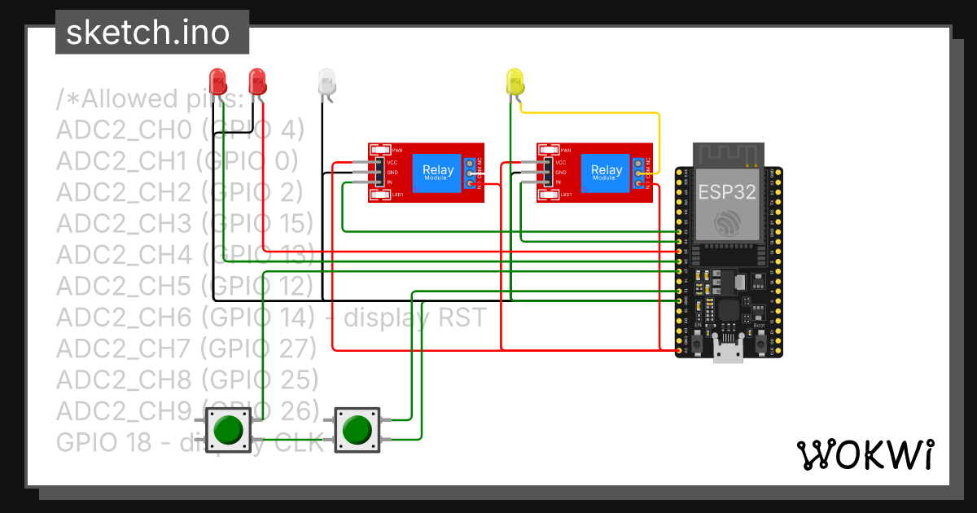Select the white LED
[326, 81]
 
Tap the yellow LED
[515, 81]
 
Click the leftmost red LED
[217, 80]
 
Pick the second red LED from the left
[256, 80]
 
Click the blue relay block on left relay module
[437, 173]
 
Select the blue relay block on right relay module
[607, 173]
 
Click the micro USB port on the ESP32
[726, 353]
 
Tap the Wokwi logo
[864, 454]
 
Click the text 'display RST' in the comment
[415, 317]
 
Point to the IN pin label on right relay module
[559, 182]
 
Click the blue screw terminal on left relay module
[471, 173]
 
